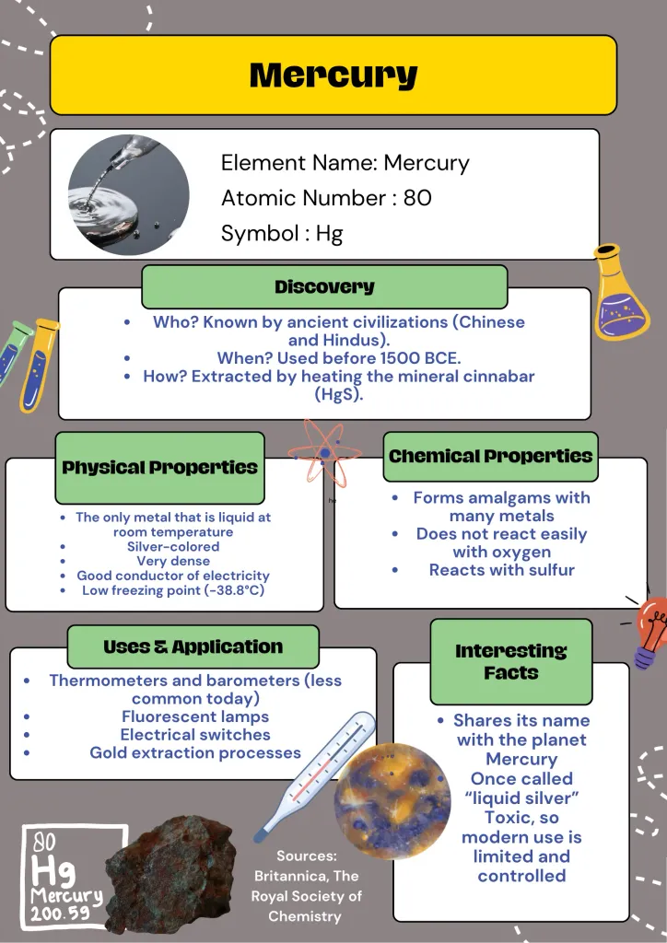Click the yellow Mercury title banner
coord(333,75)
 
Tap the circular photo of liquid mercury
coord(129,194)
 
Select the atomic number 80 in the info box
coord(417,198)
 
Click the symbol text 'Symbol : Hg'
coord(282,233)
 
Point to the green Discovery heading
coord(324,286)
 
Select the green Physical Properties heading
coord(159,467)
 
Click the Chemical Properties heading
coord(490,456)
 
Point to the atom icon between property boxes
coord(324,453)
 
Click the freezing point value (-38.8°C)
coord(228,590)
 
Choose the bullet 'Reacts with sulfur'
coord(501,570)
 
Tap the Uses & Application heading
coord(193,646)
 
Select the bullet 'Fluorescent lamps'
coord(195,716)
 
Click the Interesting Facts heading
coord(511,661)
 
